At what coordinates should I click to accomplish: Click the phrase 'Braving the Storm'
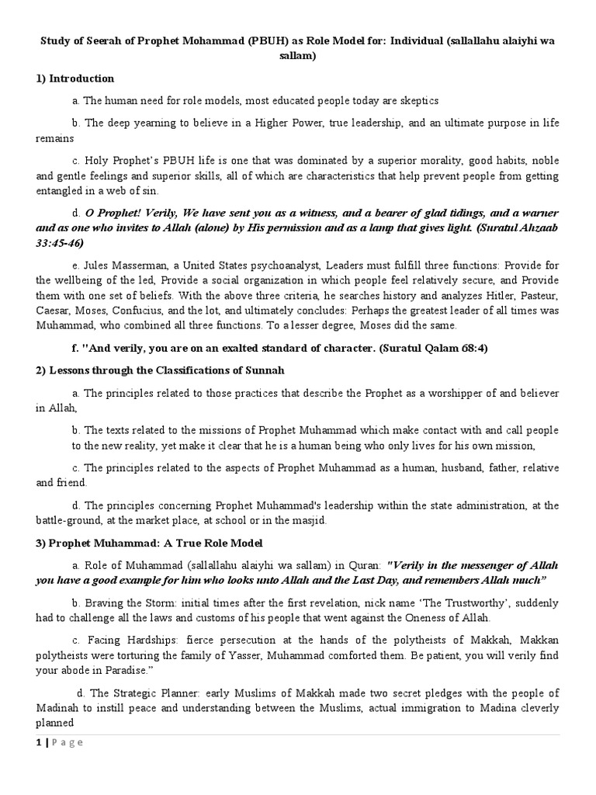[x=127, y=602]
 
